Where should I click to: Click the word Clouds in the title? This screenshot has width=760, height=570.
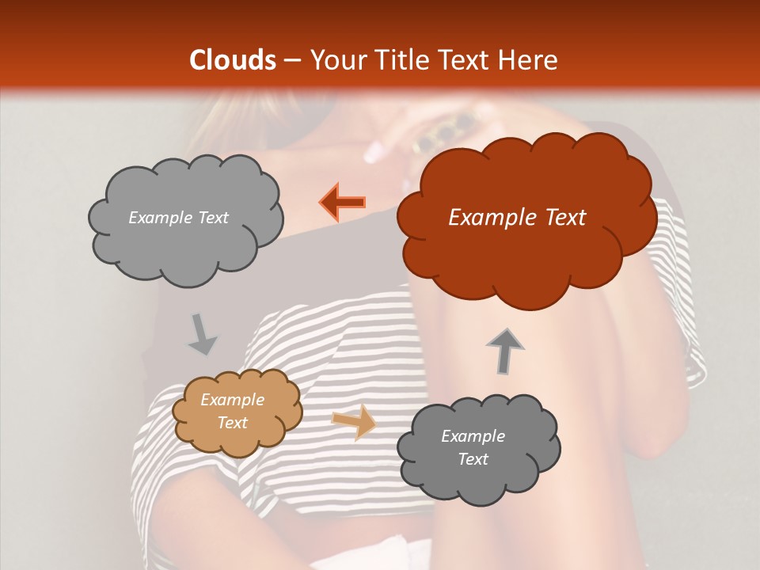[232, 60]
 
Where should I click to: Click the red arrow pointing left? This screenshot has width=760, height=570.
[344, 203]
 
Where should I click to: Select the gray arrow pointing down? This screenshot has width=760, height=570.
[203, 334]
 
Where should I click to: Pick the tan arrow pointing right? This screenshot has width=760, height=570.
[354, 423]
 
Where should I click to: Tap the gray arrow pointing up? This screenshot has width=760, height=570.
[504, 350]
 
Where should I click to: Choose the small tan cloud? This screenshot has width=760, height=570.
[237, 412]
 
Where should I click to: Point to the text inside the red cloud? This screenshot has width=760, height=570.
[517, 218]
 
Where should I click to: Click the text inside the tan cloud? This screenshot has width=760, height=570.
[232, 411]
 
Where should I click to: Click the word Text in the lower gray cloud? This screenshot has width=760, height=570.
[473, 459]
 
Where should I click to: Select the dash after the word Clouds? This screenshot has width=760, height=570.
[291, 61]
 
